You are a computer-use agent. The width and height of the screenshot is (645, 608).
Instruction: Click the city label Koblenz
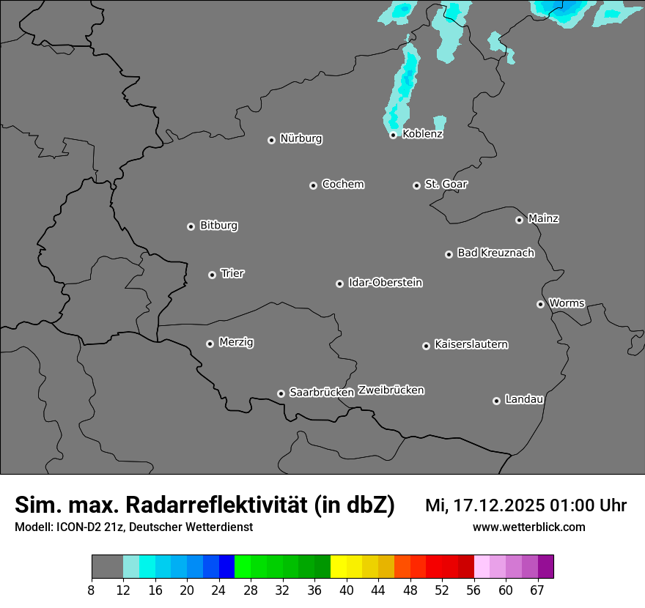tap(423, 134)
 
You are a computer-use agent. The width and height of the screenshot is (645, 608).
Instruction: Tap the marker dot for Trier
tap(213, 275)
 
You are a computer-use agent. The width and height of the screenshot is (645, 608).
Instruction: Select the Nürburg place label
tap(301, 138)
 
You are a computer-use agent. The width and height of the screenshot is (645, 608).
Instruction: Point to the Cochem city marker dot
tap(313, 185)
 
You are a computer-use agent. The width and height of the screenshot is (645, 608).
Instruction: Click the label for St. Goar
tap(446, 184)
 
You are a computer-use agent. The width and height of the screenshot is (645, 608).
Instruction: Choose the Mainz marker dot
tap(519, 220)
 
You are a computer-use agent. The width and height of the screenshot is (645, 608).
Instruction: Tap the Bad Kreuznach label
tap(495, 253)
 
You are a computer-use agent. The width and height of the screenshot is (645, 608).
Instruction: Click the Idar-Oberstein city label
tap(385, 283)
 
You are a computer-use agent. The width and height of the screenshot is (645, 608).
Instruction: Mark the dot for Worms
tap(540, 304)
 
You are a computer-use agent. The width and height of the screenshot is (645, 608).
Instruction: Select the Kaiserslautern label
tap(471, 344)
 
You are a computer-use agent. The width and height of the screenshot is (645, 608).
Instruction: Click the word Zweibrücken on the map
tap(391, 390)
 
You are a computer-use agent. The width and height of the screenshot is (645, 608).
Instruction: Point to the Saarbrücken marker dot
tap(281, 393)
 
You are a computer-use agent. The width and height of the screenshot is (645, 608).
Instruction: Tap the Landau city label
tap(524, 399)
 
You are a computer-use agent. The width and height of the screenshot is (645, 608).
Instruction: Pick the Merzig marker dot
tap(210, 344)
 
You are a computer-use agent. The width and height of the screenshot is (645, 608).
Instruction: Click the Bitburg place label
tap(218, 226)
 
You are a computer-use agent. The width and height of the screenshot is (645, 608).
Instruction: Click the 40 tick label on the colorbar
tap(347, 590)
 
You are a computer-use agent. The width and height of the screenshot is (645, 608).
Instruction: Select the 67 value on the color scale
tap(537, 590)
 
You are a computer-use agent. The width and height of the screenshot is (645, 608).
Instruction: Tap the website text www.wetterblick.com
tap(529, 527)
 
